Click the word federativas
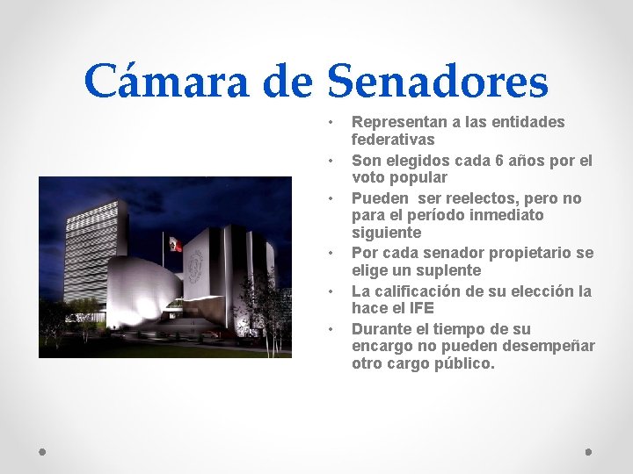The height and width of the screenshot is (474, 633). point(393,140)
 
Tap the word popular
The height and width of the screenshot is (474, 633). point(416,177)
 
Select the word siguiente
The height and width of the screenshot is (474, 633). point(386,233)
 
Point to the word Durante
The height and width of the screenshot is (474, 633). point(382,329)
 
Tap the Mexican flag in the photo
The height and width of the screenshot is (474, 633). point(174,243)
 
